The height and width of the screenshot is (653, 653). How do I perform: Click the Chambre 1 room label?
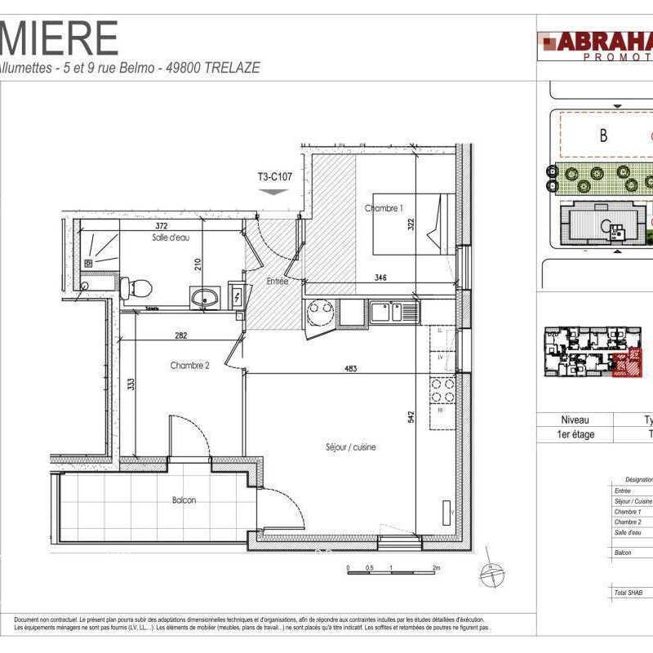[384, 209]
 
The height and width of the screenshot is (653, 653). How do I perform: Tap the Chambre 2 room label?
[190, 366]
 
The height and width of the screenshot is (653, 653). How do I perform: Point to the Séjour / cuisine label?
[350, 447]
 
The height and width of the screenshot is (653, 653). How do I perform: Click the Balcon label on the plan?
[184, 500]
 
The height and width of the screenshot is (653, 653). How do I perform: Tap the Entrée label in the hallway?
[277, 281]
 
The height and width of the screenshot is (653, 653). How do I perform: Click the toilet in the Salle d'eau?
[138, 288]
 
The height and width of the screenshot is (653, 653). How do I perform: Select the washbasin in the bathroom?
[205, 297]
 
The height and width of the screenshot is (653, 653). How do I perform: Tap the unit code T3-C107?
[274, 176]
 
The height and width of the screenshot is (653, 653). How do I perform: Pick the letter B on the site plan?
[603, 135]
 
